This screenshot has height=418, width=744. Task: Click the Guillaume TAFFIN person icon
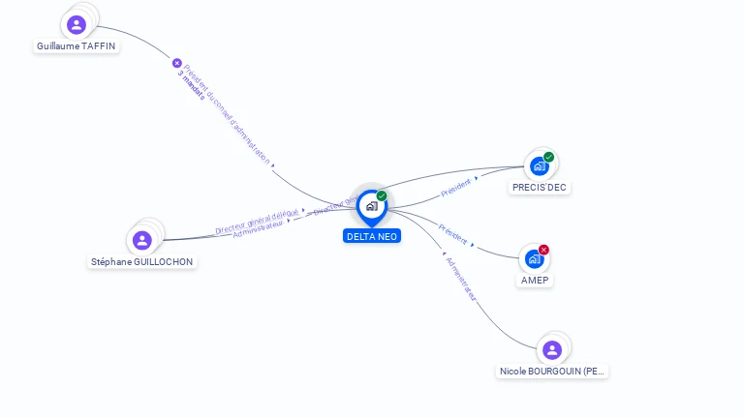click(77, 24)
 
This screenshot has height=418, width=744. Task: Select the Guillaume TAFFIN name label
click(77, 45)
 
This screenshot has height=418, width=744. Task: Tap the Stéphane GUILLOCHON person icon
click(142, 240)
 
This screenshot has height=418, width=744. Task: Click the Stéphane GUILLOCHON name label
click(142, 261)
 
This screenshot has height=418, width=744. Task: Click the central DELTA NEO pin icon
click(371, 206)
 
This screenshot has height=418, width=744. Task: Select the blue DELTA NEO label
click(372, 236)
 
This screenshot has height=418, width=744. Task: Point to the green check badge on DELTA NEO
click(382, 196)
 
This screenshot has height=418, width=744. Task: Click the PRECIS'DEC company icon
click(539, 166)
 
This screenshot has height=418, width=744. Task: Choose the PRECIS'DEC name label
click(540, 188)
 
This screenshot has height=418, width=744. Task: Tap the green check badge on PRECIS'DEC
click(548, 157)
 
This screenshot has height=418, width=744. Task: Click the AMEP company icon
click(534, 259)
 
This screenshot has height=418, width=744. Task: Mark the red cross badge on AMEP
click(543, 250)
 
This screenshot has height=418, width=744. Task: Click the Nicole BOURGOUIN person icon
click(552, 349)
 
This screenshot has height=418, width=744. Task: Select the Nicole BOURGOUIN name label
click(553, 371)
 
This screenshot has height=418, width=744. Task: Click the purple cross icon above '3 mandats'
click(177, 63)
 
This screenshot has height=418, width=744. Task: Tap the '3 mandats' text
click(191, 86)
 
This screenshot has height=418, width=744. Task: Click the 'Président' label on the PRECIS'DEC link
click(455, 186)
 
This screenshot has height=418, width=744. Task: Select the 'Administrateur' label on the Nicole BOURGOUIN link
click(461, 279)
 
